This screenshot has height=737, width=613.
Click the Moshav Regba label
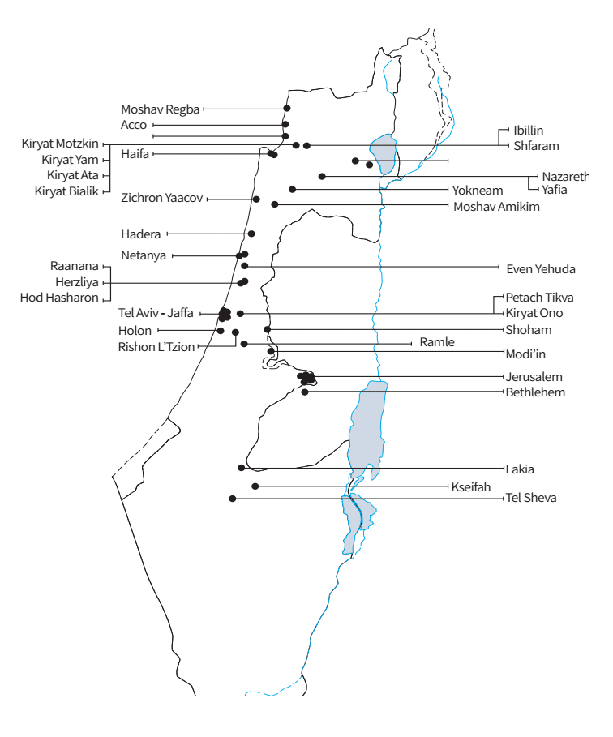160,109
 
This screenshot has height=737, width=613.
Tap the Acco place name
134,125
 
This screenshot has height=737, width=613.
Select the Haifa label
135,153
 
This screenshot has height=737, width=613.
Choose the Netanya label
144,255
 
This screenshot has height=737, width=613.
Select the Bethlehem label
535,392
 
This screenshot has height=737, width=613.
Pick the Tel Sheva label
530,498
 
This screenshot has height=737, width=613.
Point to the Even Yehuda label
540,268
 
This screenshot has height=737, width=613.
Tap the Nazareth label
565,176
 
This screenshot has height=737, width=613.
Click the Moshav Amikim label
496,207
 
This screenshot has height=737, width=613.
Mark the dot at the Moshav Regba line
286,109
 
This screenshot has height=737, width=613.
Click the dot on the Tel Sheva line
233,498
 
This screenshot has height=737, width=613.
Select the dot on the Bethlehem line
305,392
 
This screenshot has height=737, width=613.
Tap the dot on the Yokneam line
293,190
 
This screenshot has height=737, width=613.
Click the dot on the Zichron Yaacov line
256,199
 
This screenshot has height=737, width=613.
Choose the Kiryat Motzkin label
60,144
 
